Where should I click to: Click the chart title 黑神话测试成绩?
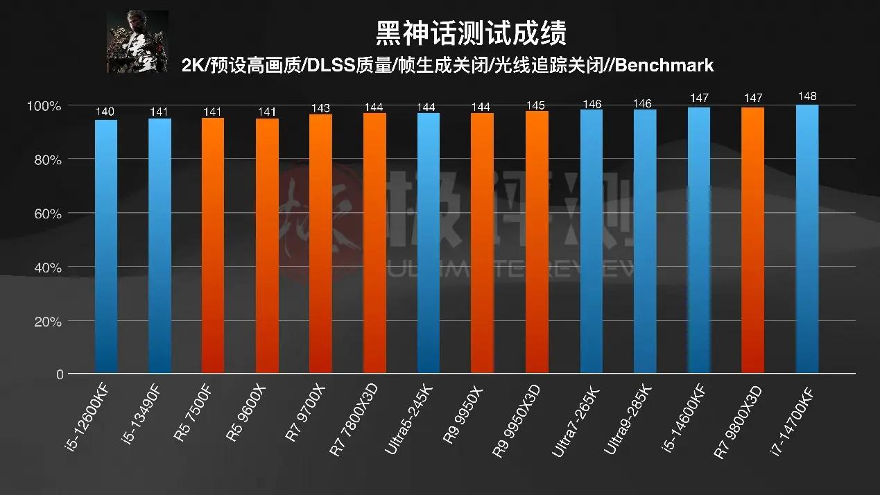point(472,32)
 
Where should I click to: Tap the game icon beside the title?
point(137,42)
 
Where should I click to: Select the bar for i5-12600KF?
point(106,246)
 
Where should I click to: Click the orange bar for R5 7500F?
point(213,245)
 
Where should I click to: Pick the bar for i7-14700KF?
point(807,239)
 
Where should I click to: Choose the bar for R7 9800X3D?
point(753,240)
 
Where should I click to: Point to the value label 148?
point(807,96)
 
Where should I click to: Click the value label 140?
point(106,112)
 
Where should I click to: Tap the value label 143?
point(320,107)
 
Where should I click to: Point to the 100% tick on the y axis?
point(44,106)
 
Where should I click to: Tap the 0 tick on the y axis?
point(58,375)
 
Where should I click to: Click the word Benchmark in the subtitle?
point(664,66)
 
